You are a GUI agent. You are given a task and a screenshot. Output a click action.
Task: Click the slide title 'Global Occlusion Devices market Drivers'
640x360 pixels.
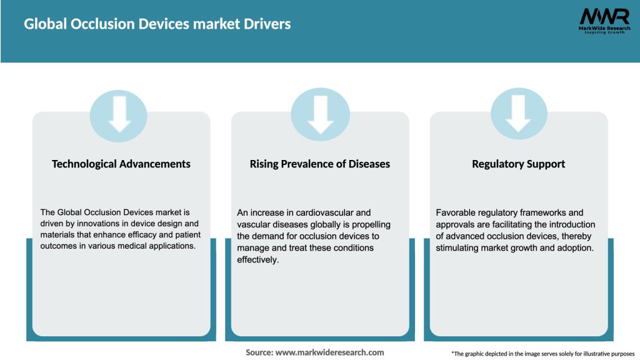[x=157, y=24]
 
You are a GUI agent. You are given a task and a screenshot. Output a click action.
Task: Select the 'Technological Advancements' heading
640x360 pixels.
[x=121, y=164]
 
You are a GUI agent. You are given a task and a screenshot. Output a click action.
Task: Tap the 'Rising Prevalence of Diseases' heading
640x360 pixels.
[x=320, y=164]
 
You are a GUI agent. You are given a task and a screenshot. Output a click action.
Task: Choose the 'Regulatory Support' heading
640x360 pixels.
[x=518, y=164]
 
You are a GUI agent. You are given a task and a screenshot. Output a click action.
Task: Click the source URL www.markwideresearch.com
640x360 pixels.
[x=330, y=352]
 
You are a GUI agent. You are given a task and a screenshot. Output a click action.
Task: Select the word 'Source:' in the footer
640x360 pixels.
[x=259, y=352]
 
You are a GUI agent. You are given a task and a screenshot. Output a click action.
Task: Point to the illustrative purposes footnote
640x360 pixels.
[x=542, y=354]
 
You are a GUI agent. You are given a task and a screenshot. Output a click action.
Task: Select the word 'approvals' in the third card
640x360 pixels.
[x=456, y=224]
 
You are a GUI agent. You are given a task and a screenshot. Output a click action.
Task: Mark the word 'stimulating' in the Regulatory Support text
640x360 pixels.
[x=457, y=247]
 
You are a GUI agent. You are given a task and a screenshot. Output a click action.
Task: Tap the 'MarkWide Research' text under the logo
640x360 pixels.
[x=604, y=28]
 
